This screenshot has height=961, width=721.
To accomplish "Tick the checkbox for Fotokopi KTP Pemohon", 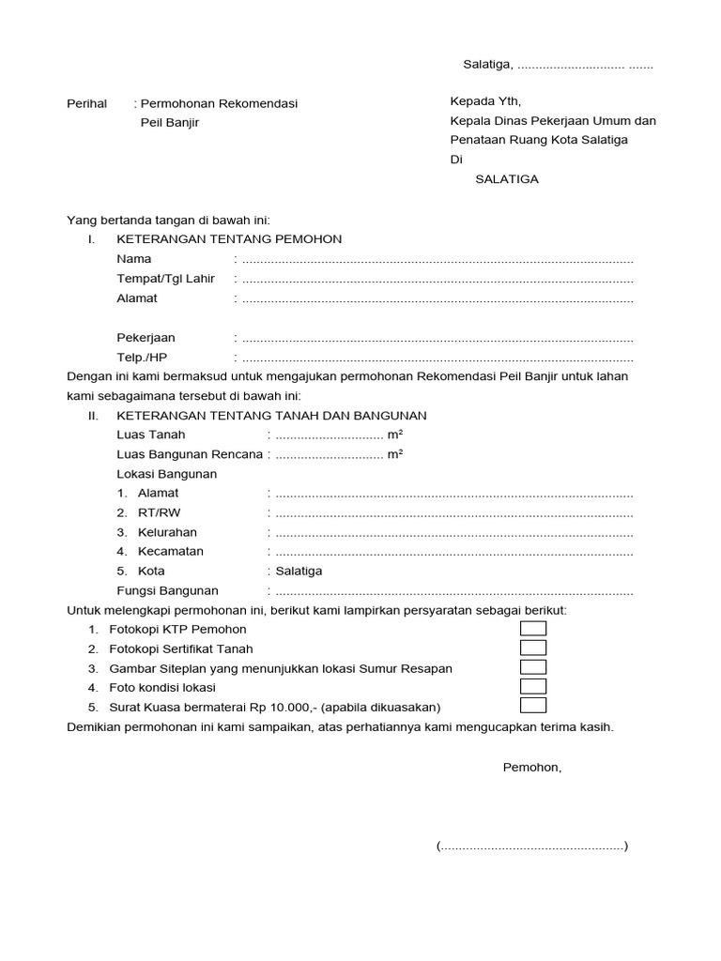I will coord(533,629).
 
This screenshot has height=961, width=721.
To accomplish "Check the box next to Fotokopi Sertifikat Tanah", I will coord(533,648).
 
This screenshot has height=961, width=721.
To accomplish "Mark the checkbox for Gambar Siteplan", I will coord(533,668).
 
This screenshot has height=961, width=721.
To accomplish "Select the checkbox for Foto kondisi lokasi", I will coord(533,687).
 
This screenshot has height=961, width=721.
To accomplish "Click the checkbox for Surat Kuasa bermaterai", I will coord(533,706).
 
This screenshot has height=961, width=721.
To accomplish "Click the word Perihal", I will coord(87,103).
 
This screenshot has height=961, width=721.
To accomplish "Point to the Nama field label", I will coord(134,259).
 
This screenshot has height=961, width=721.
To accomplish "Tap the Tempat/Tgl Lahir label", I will coord(165,279).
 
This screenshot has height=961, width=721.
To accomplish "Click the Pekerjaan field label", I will coord(146,338).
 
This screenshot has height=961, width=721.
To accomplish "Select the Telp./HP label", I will coord(142,358).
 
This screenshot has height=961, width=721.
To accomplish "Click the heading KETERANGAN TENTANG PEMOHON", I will coord(229,239).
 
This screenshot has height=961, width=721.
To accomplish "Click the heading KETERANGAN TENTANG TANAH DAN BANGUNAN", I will coord(271,415).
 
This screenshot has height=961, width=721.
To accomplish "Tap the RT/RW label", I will coord(157,512).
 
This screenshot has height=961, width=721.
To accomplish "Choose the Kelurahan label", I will coord(167,532).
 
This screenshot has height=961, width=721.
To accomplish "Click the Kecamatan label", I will coord(170,552).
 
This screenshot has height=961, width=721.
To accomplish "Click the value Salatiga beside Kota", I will coord(299,571).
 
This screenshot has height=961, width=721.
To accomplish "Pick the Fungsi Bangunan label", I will coord(167,591).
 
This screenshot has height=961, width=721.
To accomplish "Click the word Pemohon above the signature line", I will coord(532,768).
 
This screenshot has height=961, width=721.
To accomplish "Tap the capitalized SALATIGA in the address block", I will coord(507,179).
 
